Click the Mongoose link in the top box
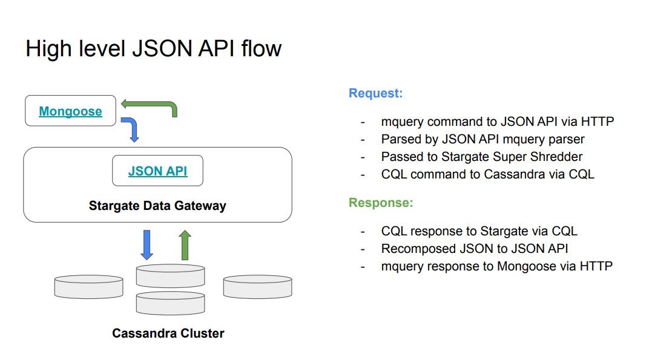[x=70, y=111]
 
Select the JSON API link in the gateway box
[x=157, y=171]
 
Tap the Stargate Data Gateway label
[x=157, y=206]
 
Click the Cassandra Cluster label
[x=168, y=333]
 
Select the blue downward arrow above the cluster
[x=147, y=245]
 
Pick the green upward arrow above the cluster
[x=185, y=245]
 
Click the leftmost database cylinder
[x=88, y=287]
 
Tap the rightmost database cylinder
[x=257, y=287]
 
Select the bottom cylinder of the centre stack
[x=171, y=303]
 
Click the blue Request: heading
[x=376, y=93]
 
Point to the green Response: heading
[x=381, y=203]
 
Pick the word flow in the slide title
[x=261, y=48]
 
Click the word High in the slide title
[x=49, y=49]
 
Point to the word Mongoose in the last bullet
[x=527, y=266]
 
